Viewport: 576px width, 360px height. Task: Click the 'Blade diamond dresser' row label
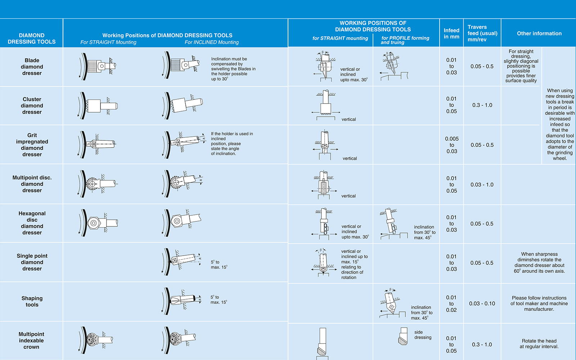pos(32,67)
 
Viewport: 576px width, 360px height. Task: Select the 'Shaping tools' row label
pos(32,301)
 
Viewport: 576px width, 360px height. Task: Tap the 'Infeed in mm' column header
pos(451,33)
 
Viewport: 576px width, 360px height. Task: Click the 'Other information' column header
pos(539,33)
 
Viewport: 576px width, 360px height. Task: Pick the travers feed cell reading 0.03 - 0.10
pos(482,303)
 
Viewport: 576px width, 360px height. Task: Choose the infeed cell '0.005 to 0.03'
pos(451,145)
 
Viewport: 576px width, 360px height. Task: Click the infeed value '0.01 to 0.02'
pos(451,304)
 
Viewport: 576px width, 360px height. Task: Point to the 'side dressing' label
pos(423,335)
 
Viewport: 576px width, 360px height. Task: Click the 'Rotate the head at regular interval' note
pos(539,344)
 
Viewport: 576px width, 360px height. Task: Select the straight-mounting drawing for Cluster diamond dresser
pos(98,106)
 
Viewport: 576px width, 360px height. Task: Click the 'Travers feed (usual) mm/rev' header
pos(482,33)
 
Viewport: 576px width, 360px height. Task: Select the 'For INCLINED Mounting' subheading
pos(212,42)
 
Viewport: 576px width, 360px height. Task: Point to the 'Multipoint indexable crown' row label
pos(31,341)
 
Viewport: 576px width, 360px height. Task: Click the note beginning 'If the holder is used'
pos(232,144)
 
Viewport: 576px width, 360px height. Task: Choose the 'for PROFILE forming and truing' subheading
pos(405,40)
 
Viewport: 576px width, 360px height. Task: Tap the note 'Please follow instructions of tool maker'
pos(539,303)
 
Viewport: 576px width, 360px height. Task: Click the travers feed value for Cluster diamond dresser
pos(482,105)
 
